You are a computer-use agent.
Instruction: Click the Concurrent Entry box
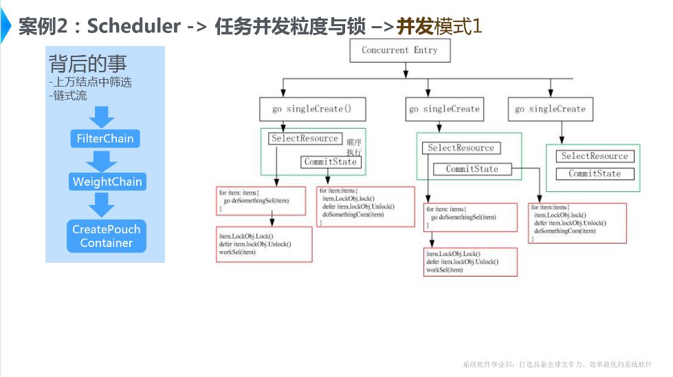(399, 50)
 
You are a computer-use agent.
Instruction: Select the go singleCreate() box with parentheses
(312, 109)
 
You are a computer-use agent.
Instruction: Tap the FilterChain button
(105, 138)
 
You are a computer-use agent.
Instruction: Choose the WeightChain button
(107, 182)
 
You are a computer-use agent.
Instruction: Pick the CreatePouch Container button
(106, 236)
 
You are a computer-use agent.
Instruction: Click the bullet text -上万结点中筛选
(89, 82)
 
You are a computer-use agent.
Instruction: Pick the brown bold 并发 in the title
(415, 27)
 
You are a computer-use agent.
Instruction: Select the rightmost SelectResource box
(595, 156)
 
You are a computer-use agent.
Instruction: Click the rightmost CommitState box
(595, 173)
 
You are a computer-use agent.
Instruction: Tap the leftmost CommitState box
(331, 162)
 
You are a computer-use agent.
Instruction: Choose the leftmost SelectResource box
(305, 138)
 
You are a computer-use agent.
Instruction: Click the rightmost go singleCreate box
(550, 109)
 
